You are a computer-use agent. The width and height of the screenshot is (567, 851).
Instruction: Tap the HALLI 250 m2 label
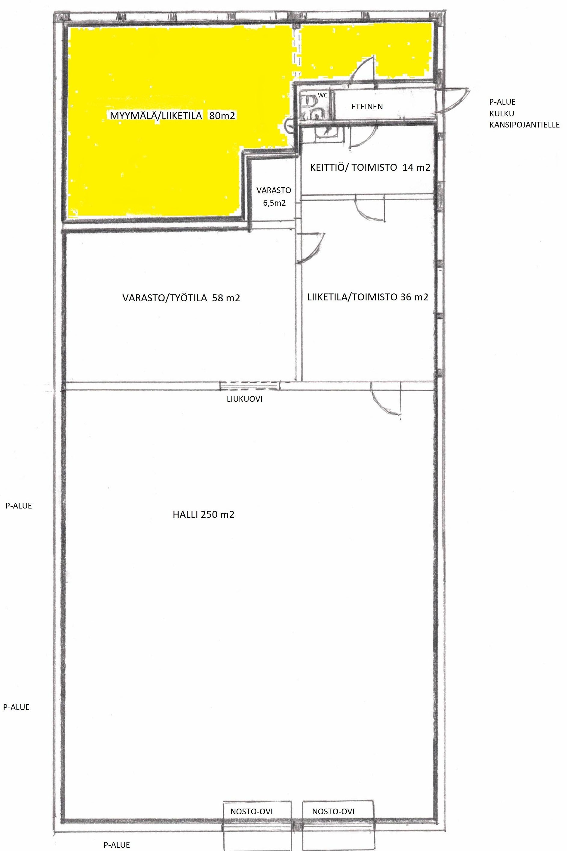(204, 514)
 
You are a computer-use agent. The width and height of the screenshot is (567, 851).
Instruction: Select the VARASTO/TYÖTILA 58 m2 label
(181, 298)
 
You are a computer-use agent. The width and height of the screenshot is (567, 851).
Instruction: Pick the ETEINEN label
(367, 106)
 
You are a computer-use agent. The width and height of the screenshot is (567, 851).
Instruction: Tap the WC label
(323, 95)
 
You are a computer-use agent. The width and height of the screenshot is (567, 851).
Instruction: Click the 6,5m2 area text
(274, 203)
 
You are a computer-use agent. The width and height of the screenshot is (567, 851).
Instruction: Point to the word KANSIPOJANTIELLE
(524, 125)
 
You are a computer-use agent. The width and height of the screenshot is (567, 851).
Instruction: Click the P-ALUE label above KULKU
(502, 102)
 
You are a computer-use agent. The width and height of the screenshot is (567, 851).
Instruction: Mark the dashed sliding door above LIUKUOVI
(250, 386)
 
